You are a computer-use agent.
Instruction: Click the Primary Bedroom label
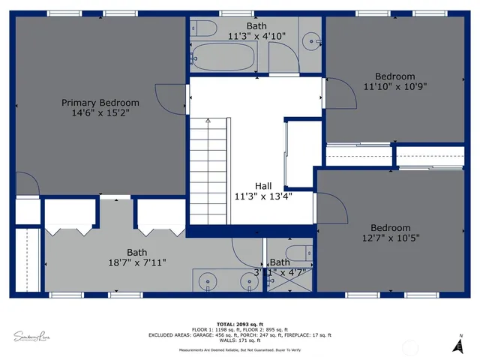pyautogui.click(x=100, y=103)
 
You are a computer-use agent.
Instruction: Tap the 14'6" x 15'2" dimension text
pyautogui.click(x=100, y=114)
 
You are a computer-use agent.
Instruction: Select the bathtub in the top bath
pyautogui.click(x=224, y=55)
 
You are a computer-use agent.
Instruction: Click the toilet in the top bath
pyautogui.click(x=203, y=29)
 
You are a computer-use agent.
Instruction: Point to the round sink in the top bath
pyautogui.click(x=310, y=41)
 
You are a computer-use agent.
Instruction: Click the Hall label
pyautogui.click(x=263, y=186)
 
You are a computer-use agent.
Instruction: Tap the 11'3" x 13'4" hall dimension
pyautogui.click(x=263, y=196)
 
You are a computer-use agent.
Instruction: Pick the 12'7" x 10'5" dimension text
pyautogui.click(x=390, y=238)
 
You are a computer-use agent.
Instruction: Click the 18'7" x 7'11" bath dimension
pyautogui.click(x=136, y=262)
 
